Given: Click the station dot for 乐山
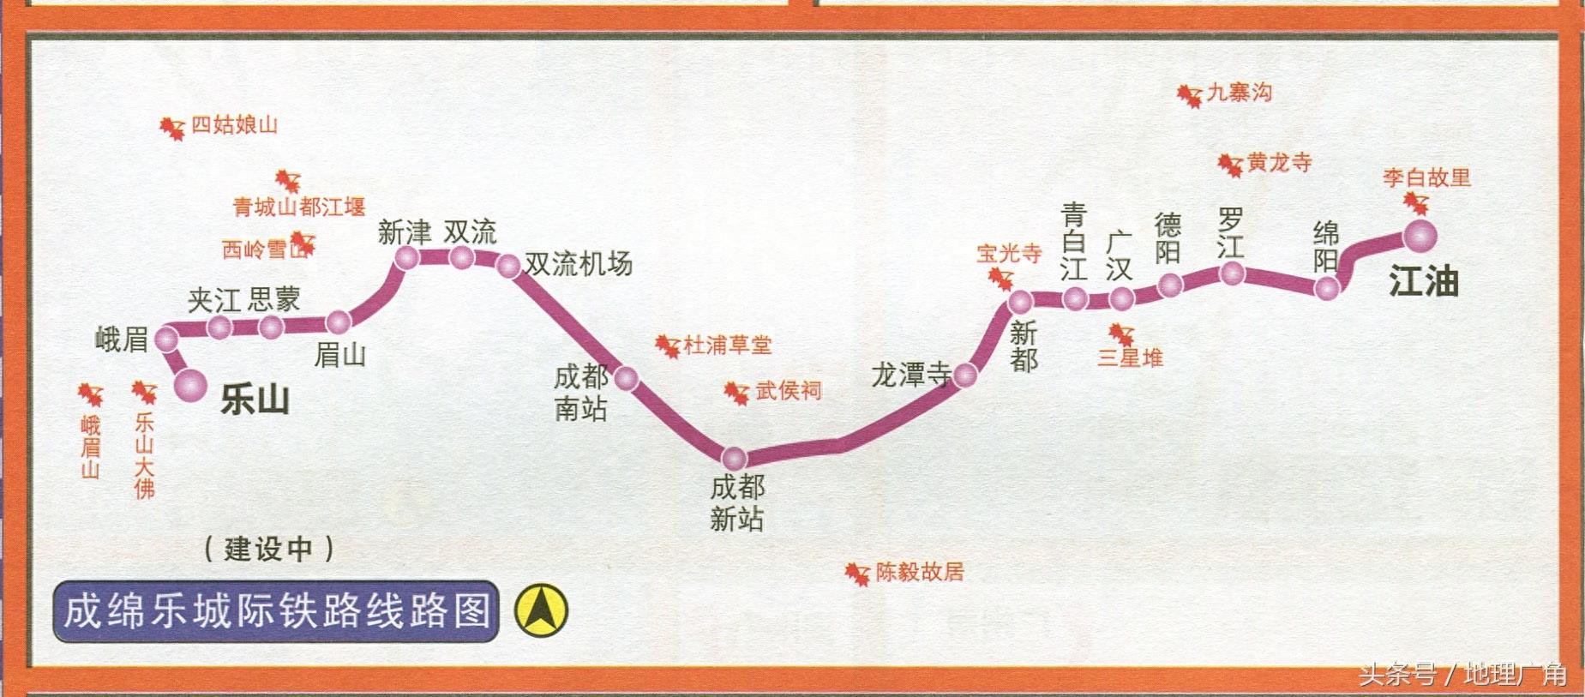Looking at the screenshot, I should click(x=189, y=385).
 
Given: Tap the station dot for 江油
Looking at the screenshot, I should click(x=1419, y=235).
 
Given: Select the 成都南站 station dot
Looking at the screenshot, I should click(x=626, y=377).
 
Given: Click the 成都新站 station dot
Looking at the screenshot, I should click(x=734, y=458).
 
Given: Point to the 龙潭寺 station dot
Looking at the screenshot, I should click(x=965, y=375).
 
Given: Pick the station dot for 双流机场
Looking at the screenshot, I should click(x=509, y=266).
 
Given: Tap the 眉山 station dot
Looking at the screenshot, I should click(x=339, y=322).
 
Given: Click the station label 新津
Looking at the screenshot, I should click(x=405, y=231).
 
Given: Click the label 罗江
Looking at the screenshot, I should click(x=1230, y=232).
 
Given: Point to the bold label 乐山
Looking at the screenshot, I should click(x=255, y=400).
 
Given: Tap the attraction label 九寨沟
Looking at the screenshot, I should click(x=1240, y=93).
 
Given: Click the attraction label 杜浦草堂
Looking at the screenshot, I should click(x=728, y=345).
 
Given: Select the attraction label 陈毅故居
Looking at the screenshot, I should click(x=920, y=572).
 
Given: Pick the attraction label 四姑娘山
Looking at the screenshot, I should click(x=234, y=125).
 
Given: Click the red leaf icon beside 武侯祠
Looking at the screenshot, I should click(x=736, y=394).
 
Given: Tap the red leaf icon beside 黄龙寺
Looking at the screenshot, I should click(x=1230, y=165).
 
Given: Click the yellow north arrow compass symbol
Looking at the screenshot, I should click(x=541, y=610).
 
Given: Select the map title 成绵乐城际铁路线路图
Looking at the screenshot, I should click(x=276, y=611).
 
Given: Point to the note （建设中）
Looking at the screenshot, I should click(x=268, y=549).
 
